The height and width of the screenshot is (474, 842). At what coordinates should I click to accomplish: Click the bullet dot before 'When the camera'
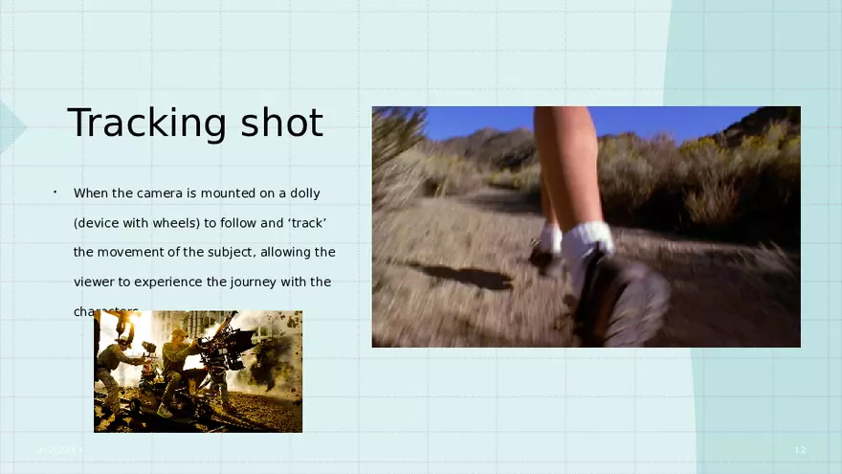coord(55,192)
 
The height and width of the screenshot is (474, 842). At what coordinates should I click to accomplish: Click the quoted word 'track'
coord(307,223)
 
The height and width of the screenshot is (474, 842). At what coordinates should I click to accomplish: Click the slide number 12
coord(801,450)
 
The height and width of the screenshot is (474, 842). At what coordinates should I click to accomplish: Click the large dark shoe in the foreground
coord(622,297)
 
